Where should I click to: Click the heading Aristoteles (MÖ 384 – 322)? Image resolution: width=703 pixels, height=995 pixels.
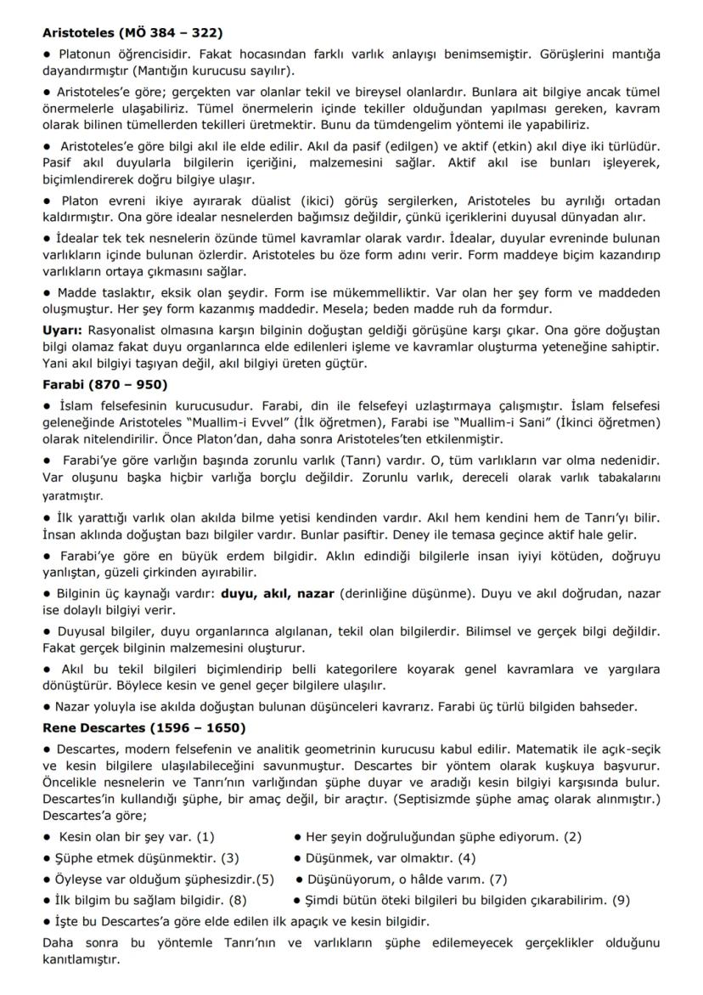point(132,33)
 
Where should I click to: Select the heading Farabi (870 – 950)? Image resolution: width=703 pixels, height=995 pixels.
point(104,384)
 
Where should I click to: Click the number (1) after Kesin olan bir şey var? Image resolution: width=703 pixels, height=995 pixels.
point(205,836)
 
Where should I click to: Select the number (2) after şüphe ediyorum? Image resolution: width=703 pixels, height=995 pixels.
point(571,836)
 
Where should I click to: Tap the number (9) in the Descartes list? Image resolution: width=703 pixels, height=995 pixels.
point(621,900)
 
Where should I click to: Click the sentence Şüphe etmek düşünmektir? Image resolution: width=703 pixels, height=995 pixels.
point(138,857)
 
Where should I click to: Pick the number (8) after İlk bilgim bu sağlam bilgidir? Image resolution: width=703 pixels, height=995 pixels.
point(237,900)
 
